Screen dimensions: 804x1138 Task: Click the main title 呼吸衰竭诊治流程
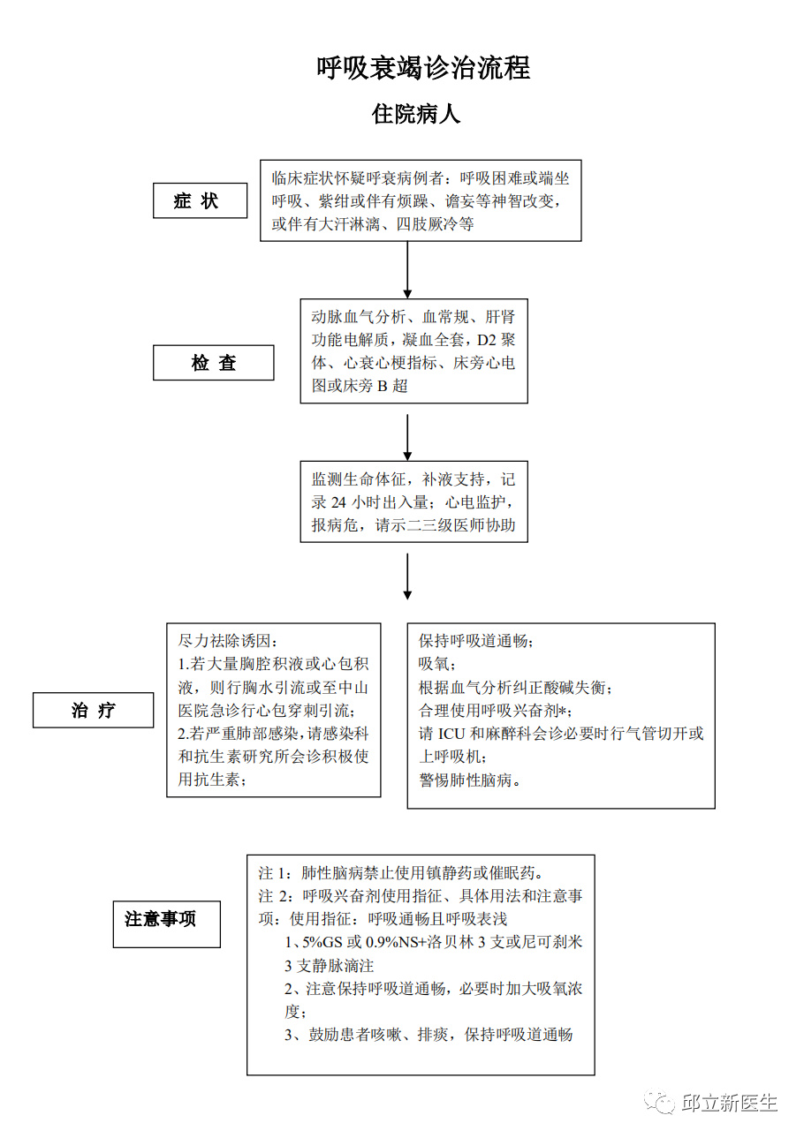pyautogui.click(x=423, y=68)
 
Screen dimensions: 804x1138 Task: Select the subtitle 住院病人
pyautogui.click(x=416, y=114)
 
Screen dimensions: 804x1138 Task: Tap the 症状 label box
pyautogui.click(x=201, y=200)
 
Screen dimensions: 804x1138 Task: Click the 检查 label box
pyautogui.click(x=214, y=363)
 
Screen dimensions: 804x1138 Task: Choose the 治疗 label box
pyautogui.click(x=93, y=710)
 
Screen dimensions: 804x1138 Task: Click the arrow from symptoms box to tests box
pyautogui.click(x=407, y=270)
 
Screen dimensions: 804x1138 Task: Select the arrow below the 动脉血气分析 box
pyautogui.click(x=407, y=437)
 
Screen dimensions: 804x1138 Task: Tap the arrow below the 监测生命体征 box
pyautogui.click(x=407, y=577)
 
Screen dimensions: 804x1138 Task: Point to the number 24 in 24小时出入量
pyautogui.click(x=338, y=502)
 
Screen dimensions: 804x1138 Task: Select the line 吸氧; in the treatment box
pyautogui.click(x=437, y=664)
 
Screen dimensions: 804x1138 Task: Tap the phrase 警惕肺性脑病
pyautogui.click(x=466, y=780)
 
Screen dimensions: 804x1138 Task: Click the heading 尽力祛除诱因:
pyautogui.click(x=228, y=641)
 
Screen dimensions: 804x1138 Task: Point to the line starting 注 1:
pyautogui.click(x=401, y=873)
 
